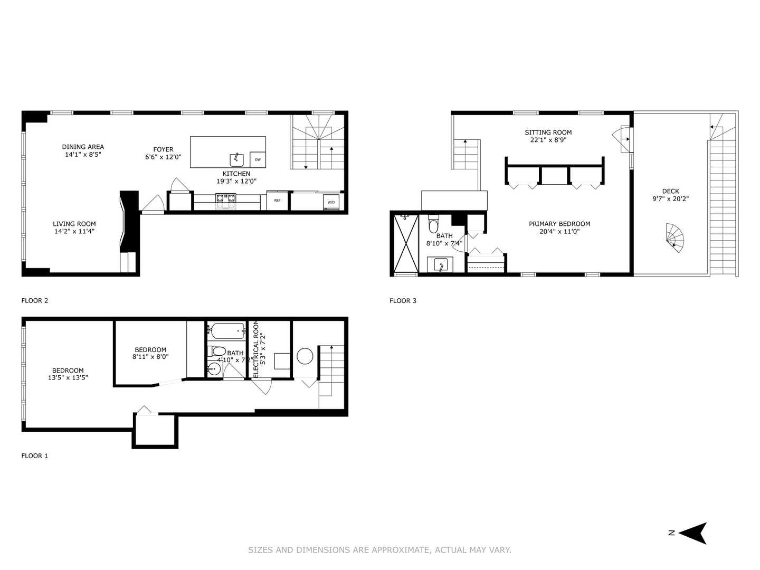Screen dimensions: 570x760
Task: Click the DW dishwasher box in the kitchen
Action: point(258,159)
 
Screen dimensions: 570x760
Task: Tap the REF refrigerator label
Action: point(277,201)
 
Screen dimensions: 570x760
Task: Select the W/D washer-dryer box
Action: point(331,202)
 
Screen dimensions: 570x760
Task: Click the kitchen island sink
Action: point(236,159)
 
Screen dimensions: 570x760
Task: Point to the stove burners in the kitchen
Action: point(225,198)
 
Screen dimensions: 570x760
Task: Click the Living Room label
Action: point(74,224)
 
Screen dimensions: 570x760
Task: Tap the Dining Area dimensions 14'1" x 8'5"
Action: point(82,155)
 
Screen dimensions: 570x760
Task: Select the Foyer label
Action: point(163,149)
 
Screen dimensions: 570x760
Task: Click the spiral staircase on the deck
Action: point(674,238)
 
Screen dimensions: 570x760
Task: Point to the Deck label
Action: point(670,191)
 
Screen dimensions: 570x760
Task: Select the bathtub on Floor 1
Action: point(226,331)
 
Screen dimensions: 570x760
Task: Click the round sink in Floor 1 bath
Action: point(214,369)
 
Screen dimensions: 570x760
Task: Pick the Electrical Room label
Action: point(256,349)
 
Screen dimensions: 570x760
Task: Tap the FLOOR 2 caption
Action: point(35,301)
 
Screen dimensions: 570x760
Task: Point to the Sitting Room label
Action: point(548,132)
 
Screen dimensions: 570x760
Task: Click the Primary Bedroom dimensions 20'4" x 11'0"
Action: point(559,231)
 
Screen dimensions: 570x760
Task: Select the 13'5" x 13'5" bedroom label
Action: point(68,377)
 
